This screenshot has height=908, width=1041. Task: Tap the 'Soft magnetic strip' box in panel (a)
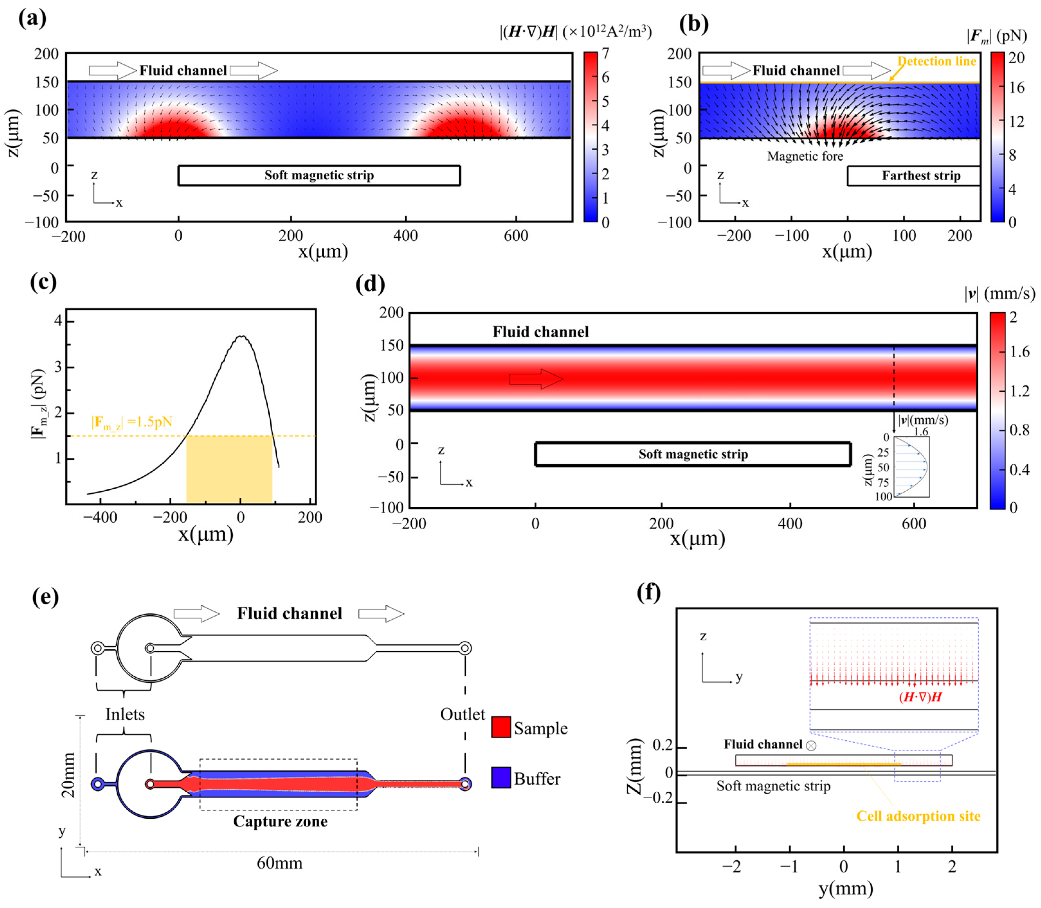(319, 175)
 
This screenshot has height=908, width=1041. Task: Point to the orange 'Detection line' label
(936, 61)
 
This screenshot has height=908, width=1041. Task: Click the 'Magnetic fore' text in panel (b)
(805, 156)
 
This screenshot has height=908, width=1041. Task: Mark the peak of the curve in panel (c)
(242, 336)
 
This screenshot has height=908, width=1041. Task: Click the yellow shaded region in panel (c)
(229, 469)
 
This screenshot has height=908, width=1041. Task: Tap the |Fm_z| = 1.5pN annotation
(132, 422)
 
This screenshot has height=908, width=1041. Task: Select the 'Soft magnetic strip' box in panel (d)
(693, 454)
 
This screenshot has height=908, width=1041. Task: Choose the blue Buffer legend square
(501, 777)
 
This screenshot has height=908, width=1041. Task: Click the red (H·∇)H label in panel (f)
(920, 697)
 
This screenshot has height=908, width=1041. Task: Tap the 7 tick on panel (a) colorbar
(605, 53)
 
